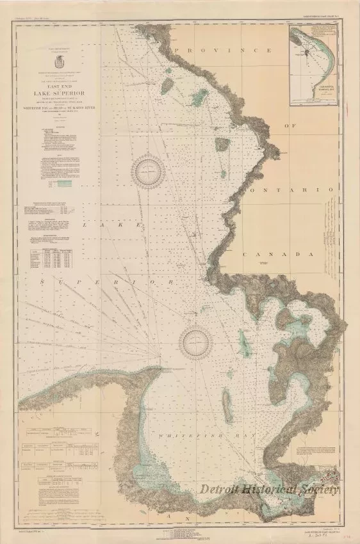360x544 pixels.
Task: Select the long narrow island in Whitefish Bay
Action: [x=227, y=402]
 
